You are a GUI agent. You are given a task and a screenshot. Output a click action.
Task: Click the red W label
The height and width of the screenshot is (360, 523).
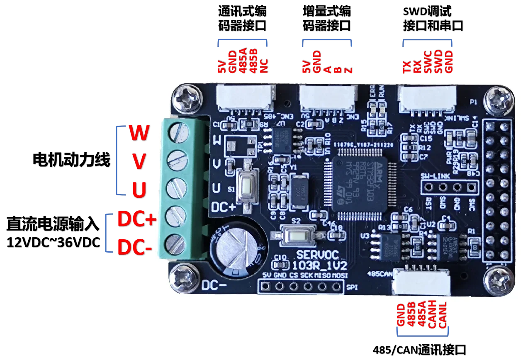click(139, 134)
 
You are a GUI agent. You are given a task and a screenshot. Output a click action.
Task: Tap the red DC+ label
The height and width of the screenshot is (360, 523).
click(136, 219)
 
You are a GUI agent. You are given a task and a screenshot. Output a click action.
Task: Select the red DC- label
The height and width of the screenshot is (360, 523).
click(135, 248)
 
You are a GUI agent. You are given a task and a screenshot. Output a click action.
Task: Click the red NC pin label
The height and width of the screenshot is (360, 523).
click(264, 65)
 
